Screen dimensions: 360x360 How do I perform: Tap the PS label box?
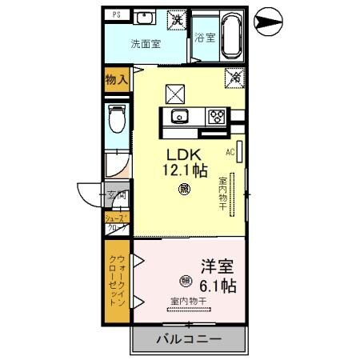click(x=117, y=14)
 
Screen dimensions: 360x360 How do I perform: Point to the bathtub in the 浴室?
click(x=230, y=34)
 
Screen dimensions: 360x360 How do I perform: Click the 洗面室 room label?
click(x=147, y=43)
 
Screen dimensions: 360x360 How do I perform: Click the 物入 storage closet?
click(x=117, y=78)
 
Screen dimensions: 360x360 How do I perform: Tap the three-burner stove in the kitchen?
click(x=216, y=116)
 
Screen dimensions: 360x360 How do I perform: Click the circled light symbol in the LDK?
click(x=184, y=190)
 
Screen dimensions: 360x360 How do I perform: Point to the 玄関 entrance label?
click(x=117, y=195)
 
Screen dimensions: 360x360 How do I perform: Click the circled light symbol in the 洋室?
click(x=186, y=280)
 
